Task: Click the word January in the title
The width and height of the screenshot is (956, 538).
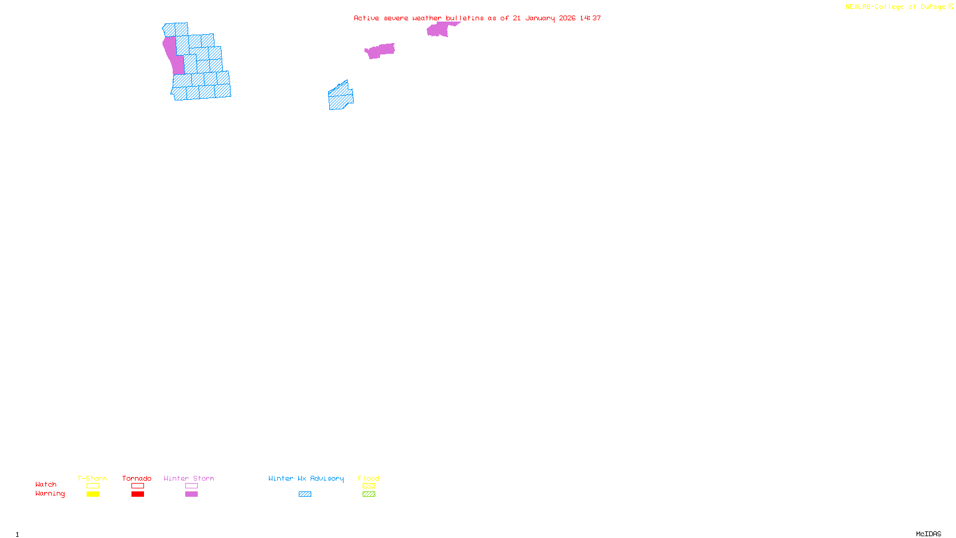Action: click(x=540, y=19)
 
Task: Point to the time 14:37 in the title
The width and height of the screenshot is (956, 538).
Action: click(x=590, y=19)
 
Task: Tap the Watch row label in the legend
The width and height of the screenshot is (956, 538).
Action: click(x=46, y=485)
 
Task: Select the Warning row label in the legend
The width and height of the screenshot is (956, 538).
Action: click(x=50, y=494)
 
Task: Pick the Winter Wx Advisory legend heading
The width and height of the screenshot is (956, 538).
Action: click(x=306, y=478)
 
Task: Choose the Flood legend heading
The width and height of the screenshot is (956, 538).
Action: click(x=369, y=478)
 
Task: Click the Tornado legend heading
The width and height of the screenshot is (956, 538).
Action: click(x=137, y=478)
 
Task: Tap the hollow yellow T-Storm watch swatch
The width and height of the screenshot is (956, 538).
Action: click(x=93, y=486)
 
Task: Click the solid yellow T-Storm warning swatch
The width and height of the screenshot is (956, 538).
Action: click(x=93, y=494)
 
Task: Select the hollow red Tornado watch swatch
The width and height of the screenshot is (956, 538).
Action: click(x=138, y=486)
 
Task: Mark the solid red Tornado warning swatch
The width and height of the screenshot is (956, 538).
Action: click(x=138, y=494)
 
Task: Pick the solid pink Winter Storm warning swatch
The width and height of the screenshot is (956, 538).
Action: click(x=191, y=494)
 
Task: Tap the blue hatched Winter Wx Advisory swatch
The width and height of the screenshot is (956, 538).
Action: click(x=305, y=494)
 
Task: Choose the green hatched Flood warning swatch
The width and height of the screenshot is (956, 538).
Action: click(x=369, y=494)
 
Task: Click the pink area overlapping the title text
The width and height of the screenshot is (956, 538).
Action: click(x=439, y=29)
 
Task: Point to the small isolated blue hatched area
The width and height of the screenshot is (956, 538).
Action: click(x=341, y=97)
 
